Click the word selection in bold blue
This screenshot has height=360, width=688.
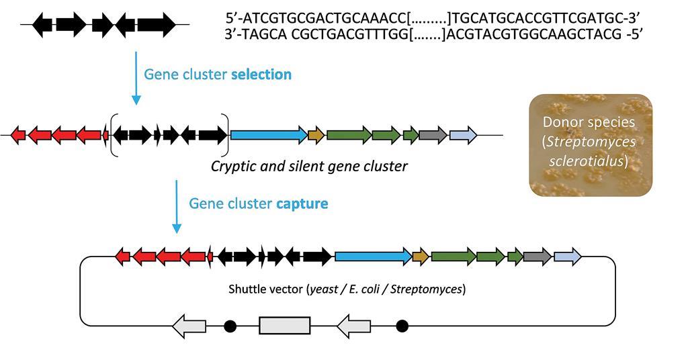click(261, 75)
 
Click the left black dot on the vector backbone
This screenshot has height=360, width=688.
click(230, 326)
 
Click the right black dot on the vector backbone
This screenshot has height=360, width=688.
click(402, 326)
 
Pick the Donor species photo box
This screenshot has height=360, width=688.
click(591, 145)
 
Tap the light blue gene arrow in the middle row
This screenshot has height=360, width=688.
click(463, 135)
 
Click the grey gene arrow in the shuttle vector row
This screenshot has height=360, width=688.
click(537, 256)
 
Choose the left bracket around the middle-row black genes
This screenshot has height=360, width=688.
click(112, 135)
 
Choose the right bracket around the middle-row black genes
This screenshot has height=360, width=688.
click(228, 135)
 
